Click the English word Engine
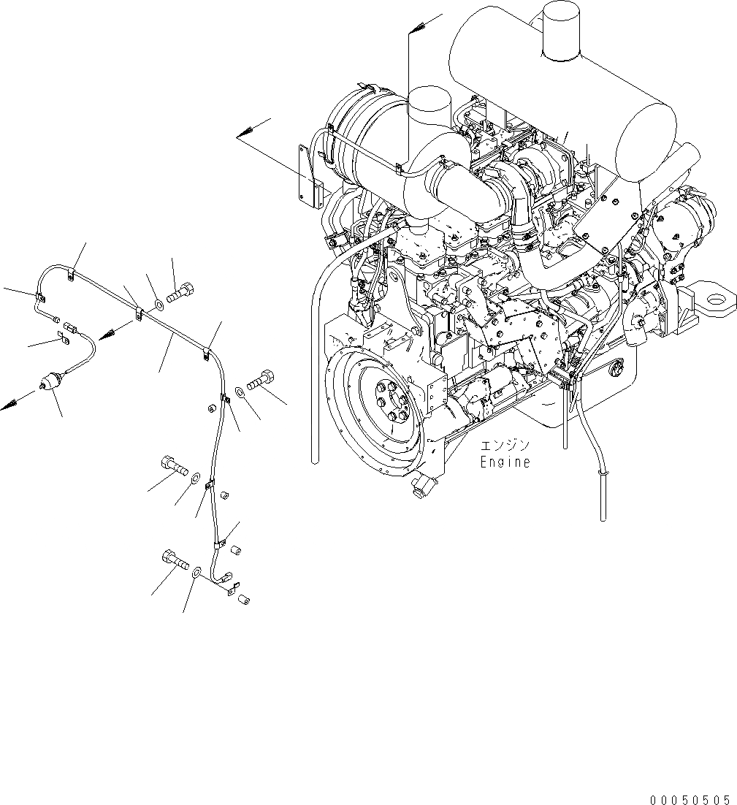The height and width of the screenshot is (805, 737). tap(505, 462)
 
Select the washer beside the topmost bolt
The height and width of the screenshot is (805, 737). tap(159, 303)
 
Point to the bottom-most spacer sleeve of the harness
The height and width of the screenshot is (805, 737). tap(246, 600)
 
